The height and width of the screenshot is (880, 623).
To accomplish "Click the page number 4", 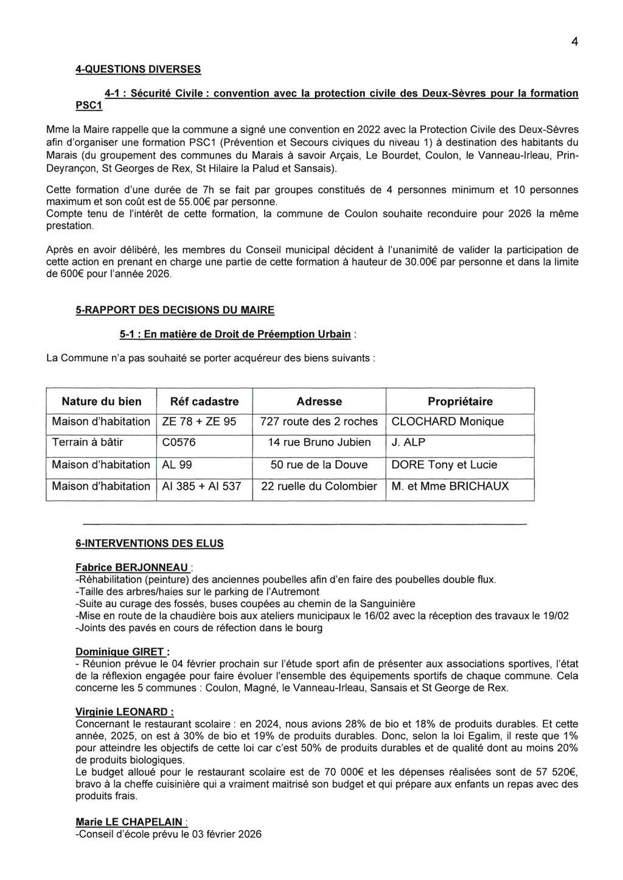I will coord(574,42).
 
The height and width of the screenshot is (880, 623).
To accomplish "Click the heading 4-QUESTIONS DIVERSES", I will coord(137,69).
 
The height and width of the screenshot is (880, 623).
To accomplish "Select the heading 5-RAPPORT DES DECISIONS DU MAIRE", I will coord(175,310).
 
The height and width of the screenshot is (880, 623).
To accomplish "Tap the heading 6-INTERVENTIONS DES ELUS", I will coord(149,543).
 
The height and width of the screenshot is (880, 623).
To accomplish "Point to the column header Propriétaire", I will coord(460,402).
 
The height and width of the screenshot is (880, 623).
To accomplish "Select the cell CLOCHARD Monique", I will coord(448,422).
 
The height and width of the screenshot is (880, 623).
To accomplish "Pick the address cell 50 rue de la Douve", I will coord(319,465).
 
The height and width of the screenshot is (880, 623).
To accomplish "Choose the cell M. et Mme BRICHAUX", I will coord(450,486).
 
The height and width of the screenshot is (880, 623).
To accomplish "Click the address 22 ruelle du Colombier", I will coord(319,486).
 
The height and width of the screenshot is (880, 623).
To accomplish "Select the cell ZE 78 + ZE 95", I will coord(199,422).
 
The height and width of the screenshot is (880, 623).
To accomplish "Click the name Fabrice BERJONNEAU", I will coord(131,568).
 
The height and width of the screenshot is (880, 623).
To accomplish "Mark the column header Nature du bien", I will coord(102,402).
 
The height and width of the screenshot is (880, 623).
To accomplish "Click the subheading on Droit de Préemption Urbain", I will coord(235,334).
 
